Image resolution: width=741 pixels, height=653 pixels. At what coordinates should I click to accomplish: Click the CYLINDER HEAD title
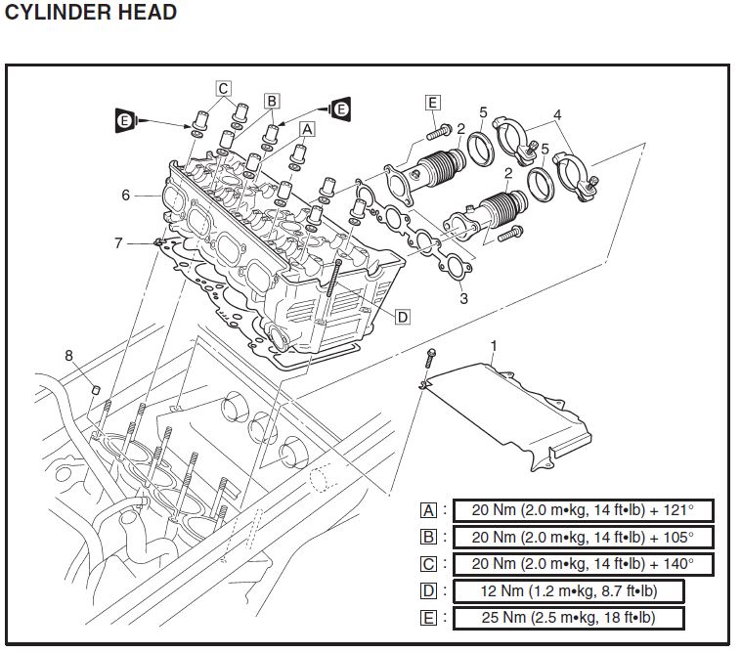click(x=90, y=13)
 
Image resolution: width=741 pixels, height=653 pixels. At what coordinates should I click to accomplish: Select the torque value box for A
click(x=583, y=510)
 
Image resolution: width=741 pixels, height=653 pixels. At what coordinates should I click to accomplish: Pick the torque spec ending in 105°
click(x=583, y=538)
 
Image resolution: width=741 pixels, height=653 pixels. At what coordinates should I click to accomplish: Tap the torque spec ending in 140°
click(x=583, y=564)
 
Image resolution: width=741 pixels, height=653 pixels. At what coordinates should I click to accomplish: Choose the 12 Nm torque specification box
click(x=568, y=591)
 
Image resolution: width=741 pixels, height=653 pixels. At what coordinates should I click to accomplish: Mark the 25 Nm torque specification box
click(x=568, y=618)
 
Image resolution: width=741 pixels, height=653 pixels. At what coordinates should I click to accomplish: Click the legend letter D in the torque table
click(x=428, y=591)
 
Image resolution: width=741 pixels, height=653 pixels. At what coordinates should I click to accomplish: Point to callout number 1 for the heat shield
click(x=494, y=345)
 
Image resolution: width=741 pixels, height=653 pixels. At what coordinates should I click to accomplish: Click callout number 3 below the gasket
click(x=463, y=298)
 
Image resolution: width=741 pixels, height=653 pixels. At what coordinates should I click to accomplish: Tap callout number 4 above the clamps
click(x=556, y=114)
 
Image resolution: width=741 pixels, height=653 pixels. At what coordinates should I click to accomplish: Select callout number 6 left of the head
click(x=125, y=195)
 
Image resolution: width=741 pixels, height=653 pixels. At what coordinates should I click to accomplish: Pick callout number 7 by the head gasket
click(x=119, y=242)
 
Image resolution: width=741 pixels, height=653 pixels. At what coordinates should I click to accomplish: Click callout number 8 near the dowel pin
click(x=69, y=356)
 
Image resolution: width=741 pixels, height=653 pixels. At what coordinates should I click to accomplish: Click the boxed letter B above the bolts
click(x=272, y=100)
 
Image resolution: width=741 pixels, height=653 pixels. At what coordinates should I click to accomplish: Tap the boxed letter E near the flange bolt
click(x=433, y=101)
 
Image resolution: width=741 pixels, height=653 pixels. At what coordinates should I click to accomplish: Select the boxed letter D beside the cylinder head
click(x=402, y=316)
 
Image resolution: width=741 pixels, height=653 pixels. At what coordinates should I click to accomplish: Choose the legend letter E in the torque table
click(x=428, y=618)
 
